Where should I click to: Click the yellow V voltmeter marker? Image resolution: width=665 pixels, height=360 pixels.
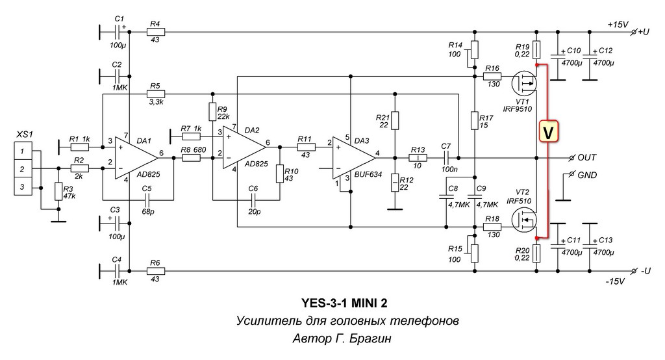coord(548,132)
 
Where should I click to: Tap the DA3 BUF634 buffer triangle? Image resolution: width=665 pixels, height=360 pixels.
coord(354,157)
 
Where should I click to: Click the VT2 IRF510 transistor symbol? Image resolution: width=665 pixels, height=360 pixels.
coord(524,220)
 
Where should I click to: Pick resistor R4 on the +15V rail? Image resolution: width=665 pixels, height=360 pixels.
coord(155,31)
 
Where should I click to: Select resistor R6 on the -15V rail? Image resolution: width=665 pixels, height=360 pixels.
coord(155,271)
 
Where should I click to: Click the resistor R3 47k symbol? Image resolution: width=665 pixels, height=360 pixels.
coord(58,192)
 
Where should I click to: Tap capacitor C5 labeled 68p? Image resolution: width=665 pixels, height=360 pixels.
coord(147,199)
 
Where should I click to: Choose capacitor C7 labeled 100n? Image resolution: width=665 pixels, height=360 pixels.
coord(446,158)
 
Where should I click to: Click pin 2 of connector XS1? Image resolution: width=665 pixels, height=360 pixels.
coord(23,169)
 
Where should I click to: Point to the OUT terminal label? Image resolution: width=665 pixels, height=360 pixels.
coord(587,157)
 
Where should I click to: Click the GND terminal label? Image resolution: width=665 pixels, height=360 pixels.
coord(587,175)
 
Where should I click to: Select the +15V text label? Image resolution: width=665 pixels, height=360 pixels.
coord(618,24)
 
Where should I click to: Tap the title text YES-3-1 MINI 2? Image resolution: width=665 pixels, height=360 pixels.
coord(344,303)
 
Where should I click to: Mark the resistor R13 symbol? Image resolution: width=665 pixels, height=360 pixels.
coord(418,158)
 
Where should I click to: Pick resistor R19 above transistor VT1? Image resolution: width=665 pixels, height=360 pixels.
coord(536,49)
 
